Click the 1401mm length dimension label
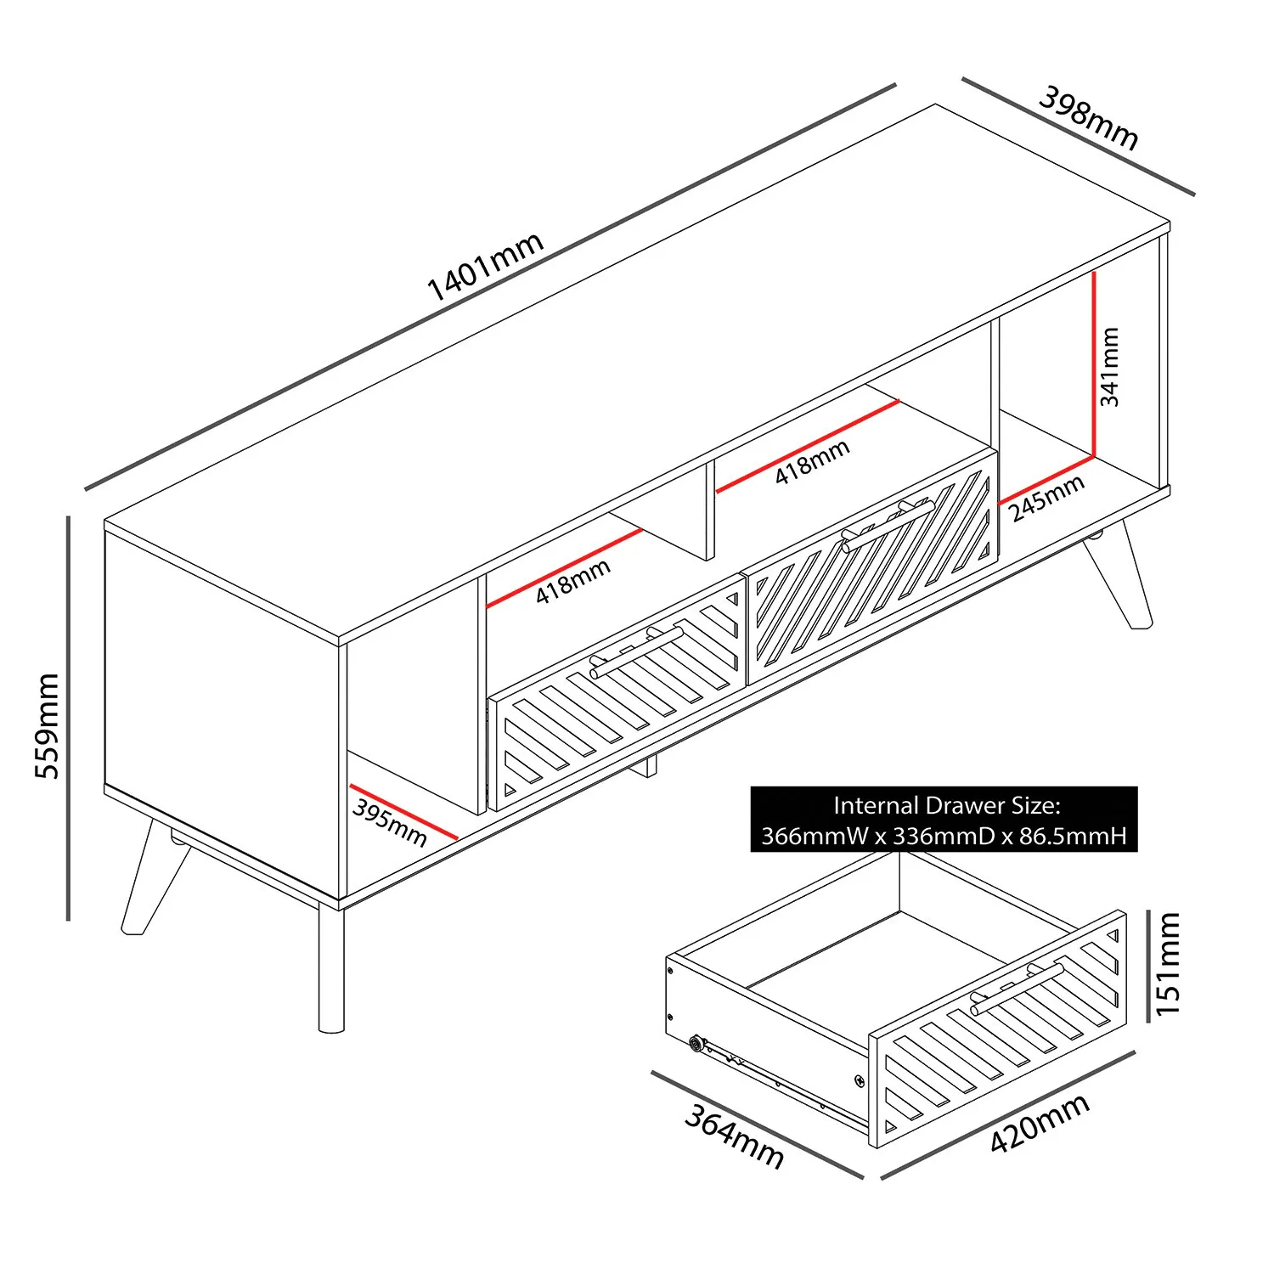tap(484, 267)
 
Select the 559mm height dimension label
tap(47, 725)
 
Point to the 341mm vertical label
tap(1109, 366)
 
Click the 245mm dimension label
tap(1046, 498)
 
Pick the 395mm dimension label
tap(390, 822)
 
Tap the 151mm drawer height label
tap(1169, 963)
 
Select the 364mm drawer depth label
tap(735, 1136)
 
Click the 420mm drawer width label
tap(1040, 1123)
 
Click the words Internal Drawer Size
tap(945, 805)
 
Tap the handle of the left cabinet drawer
tap(637, 651)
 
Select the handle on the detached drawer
tap(1016, 989)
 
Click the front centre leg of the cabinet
tap(331, 968)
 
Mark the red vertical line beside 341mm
tap(1095, 365)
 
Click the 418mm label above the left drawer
tap(572, 582)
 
